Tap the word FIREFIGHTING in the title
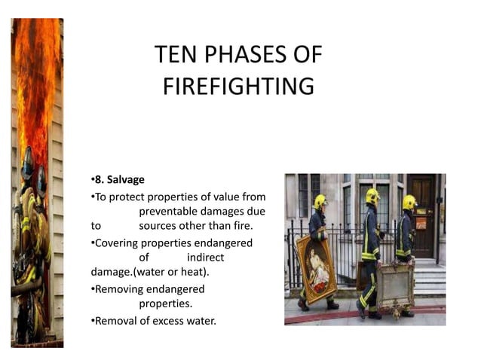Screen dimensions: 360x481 [x=238, y=87]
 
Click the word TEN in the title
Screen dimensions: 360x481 [x=173, y=55]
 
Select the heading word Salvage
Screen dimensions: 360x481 [x=124, y=181]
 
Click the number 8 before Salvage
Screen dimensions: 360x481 [x=97, y=181]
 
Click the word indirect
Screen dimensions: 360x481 [x=205, y=257]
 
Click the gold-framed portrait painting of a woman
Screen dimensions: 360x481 [x=314, y=264]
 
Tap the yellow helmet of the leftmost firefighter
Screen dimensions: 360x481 [x=320, y=201]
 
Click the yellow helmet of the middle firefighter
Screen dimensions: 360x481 [x=372, y=196]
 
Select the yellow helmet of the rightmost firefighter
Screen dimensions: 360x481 [x=409, y=202]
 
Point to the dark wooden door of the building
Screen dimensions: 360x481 [x=422, y=212]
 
